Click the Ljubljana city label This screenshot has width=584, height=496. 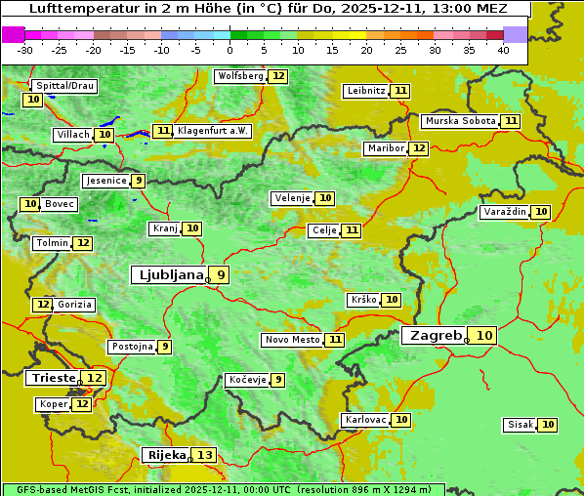[x=168, y=275]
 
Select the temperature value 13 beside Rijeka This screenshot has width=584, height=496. [x=204, y=455]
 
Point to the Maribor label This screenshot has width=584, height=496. [x=384, y=148]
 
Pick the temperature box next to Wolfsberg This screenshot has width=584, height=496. [x=279, y=76]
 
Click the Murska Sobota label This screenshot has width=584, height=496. [x=460, y=121]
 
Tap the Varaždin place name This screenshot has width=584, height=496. [x=505, y=212]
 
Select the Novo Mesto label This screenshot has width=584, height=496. [x=292, y=340]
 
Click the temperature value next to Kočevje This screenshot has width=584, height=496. [x=278, y=380]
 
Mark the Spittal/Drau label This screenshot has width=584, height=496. [x=64, y=86]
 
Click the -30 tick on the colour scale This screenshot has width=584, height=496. [x=25, y=50]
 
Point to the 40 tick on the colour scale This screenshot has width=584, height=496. [x=503, y=50]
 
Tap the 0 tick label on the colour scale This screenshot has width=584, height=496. [x=230, y=50]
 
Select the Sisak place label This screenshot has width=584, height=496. [x=520, y=425]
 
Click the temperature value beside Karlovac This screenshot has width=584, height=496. [x=401, y=420]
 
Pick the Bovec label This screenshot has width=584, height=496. [x=60, y=204]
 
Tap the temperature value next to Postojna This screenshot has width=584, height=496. [x=165, y=347]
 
